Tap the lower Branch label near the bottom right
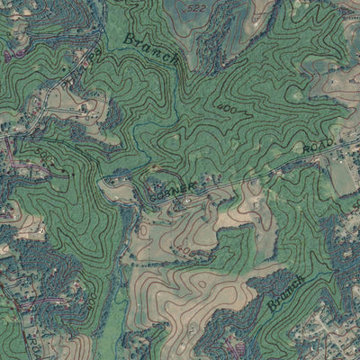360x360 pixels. point(286,293)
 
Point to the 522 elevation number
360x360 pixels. point(195,7)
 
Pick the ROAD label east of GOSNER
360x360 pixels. point(318,145)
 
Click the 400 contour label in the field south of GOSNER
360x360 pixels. point(184,249)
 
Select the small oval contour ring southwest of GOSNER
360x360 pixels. point(141,232)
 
